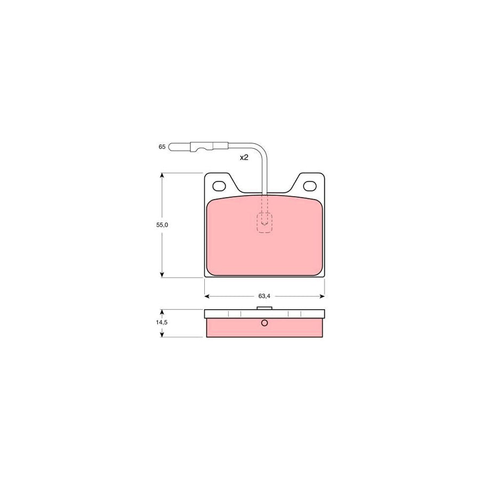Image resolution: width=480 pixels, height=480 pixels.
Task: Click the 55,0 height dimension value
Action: click(x=162, y=225)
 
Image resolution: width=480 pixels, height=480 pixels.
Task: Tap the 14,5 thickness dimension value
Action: click(x=162, y=323)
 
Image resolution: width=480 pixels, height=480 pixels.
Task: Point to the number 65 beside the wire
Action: click(x=162, y=146)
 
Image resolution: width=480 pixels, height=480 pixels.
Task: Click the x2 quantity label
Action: click(x=244, y=157)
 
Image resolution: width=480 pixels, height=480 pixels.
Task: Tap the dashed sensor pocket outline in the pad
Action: click(x=265, y=222)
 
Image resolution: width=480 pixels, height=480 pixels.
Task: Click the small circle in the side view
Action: click(x=265, y=323)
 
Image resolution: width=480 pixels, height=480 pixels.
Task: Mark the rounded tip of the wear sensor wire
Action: click(x=172, y=146)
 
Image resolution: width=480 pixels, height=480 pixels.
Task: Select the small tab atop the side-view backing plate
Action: click(x=265, y=308)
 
